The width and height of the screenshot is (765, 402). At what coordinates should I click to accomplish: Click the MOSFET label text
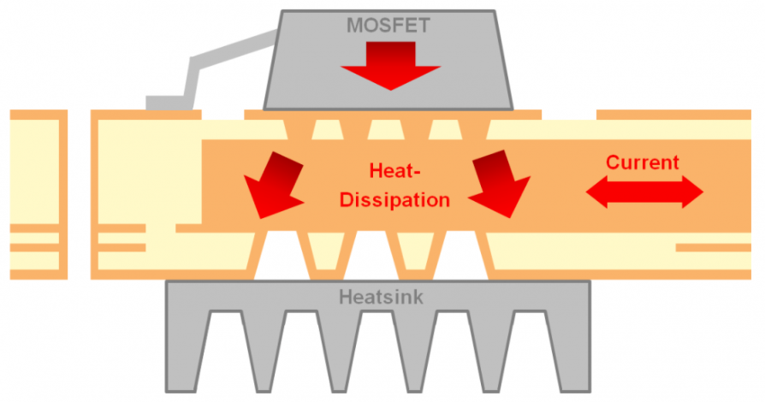(x=388, y=25)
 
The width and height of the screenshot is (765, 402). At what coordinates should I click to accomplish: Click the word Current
(x=642, y=163)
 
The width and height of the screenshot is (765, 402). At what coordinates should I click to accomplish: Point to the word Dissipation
(x=394, y=200)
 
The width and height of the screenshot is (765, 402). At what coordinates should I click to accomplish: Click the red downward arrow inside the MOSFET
(x=389, y=65)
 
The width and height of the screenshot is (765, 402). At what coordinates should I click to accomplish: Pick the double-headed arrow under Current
(x=644, y=192)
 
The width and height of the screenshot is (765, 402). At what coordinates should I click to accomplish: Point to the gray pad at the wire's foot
(x=163, y=103)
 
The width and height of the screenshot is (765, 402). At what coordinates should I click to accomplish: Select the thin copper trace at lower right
(x=714, y=247)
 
